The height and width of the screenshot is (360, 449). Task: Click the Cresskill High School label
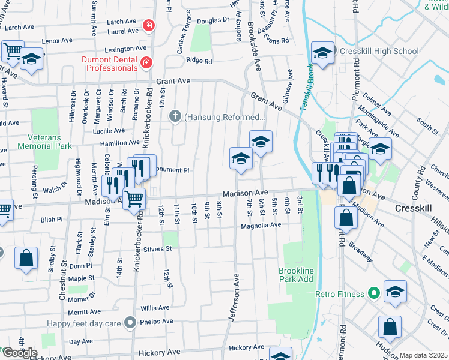point(379,52)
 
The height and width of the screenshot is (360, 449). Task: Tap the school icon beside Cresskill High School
point(322,53)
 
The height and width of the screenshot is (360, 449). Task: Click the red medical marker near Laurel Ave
point(148,26)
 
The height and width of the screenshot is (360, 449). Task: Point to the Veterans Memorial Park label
point(44,142)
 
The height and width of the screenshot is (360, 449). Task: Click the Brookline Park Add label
point(296,275)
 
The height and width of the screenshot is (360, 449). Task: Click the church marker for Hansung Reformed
point(176,116)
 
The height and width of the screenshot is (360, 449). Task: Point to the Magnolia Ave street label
point(261,226)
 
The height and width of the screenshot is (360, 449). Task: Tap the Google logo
point(19,353)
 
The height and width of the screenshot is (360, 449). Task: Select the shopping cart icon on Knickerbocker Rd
point(134,197)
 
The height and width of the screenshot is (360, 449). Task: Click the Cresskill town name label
point(414,208)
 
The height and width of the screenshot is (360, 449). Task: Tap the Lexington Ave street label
point(125,49)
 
